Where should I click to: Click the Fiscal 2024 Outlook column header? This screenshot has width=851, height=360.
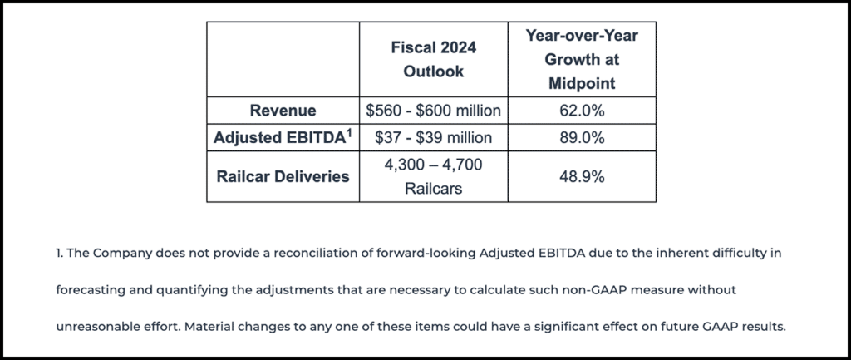tap(433, 60)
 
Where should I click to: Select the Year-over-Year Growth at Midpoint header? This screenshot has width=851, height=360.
tap(582, 60)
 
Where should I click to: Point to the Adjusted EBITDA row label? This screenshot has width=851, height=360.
tap(278, 137)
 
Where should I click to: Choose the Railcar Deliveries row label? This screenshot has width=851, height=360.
tap(283, 176)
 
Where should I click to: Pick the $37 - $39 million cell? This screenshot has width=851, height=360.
tap(433, 137)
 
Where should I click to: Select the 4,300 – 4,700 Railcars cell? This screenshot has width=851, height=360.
tap(433, 176)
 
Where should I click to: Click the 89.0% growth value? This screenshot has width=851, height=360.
tap(582, 137)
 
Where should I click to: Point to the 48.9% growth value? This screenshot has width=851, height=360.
tap(582, 176)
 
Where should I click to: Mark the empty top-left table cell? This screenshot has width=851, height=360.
tap(283, 60)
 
